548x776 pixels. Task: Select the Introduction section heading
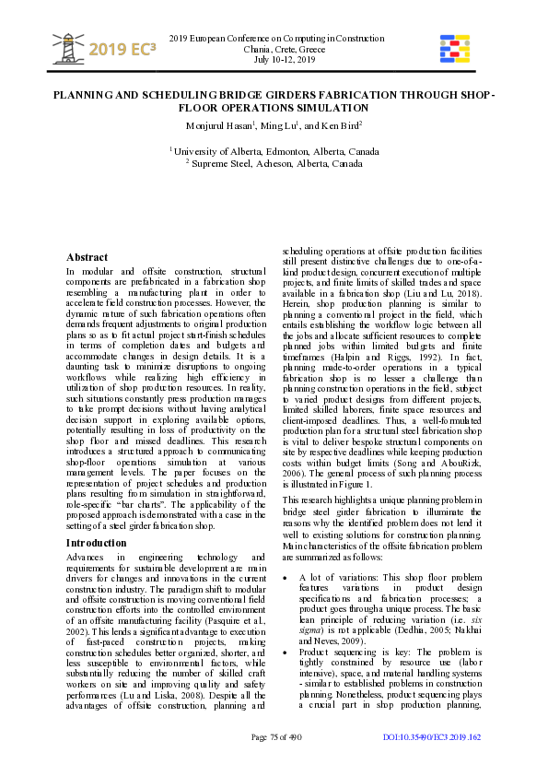(97, 543)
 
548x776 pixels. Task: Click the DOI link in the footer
(431, 736)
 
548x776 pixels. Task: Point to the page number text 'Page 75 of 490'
(276, 736)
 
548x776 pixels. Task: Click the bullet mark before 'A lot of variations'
(286, 578)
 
